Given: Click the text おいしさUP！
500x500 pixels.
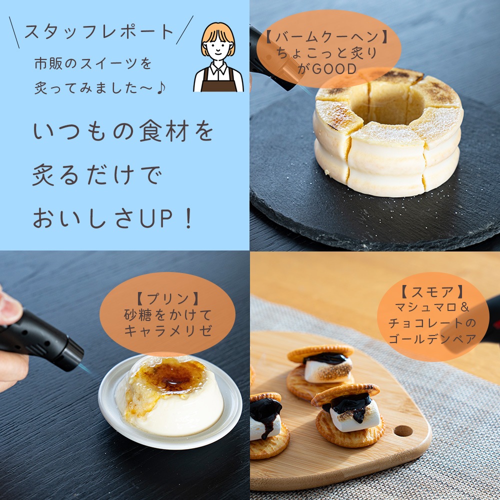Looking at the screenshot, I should click(113, 218).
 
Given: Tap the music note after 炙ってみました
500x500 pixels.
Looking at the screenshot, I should click(161, 87).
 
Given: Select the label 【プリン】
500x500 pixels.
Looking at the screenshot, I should click(167, 299).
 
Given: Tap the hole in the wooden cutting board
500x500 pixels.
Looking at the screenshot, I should click(403, 430).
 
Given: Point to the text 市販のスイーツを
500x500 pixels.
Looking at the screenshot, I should click(92, 64).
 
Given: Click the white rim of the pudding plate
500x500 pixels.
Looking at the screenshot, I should click(170, 440).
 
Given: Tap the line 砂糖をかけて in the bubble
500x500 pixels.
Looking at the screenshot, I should click(167, 315).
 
